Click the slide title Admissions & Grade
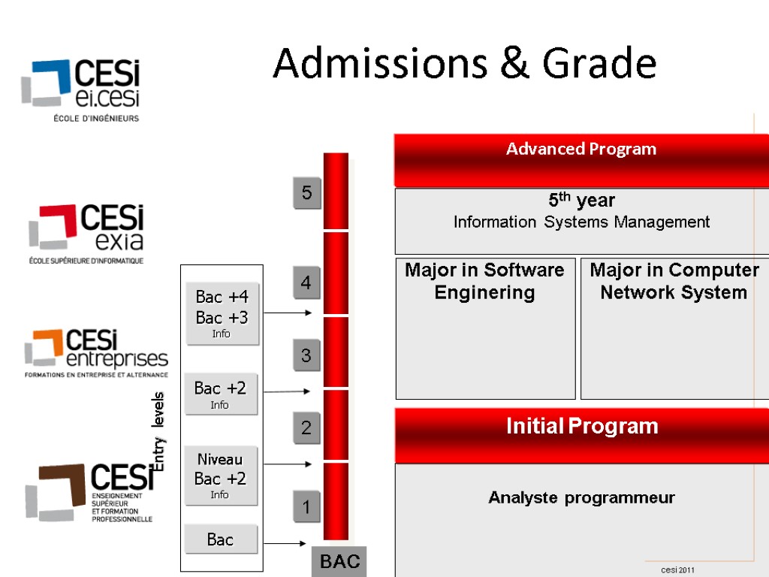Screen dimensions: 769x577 click(x=464, y=63)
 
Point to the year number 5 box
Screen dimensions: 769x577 click(x=306, y=194)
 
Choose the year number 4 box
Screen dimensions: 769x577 click(x=306, y=283)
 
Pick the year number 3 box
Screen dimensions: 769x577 click(x=306, y=355)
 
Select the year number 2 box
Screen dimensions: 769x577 click(x=306, y=428)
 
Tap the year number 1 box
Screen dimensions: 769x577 click(x=306, y=508)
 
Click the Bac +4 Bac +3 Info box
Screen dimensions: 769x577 click(x=222, y=313)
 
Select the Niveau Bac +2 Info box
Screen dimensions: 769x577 click(x=220, y=476)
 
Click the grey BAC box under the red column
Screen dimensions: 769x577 click(x=339, y=561)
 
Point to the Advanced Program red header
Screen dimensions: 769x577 click(x=581, y=150)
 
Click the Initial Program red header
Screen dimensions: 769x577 click(x=581, y=427)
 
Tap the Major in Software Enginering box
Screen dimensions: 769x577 click(x=485, y=328)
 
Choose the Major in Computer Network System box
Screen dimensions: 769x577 click(x=674, y=328)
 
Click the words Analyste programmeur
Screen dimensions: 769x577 click(x=581, y=497)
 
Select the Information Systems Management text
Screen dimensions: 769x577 click(x=581, y=222)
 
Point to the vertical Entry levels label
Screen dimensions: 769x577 click(x=158, y=432)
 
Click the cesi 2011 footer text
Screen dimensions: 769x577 click(x=677, y=570)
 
